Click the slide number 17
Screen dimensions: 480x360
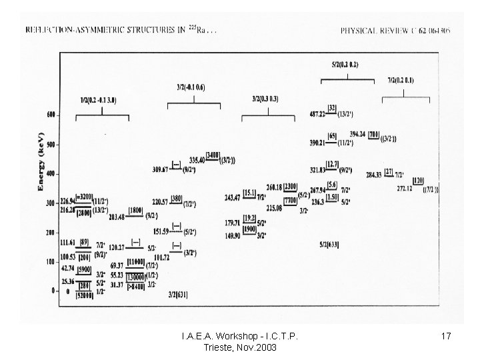447,337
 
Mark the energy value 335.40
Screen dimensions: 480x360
197,161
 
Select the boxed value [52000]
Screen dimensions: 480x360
83,295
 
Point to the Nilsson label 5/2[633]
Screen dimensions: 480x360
329,245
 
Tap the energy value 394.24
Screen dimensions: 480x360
358,134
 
